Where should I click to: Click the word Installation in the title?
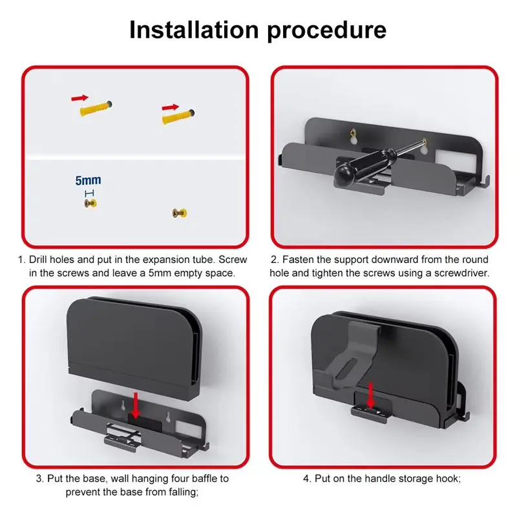point(194,30)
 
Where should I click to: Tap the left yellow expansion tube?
point(96,108)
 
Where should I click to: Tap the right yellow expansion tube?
point(178,116)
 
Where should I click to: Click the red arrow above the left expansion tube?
point(79,98)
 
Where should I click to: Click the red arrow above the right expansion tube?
point(170,107)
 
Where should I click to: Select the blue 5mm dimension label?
point(88,180)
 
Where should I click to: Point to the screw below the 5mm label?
point(90,204)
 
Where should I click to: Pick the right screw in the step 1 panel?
point(180,213)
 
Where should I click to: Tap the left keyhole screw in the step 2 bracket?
point(353,133)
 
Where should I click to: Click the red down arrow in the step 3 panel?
point(135,405)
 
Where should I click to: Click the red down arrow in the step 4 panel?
point(371,396)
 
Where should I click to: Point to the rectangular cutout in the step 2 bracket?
point(455,160)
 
